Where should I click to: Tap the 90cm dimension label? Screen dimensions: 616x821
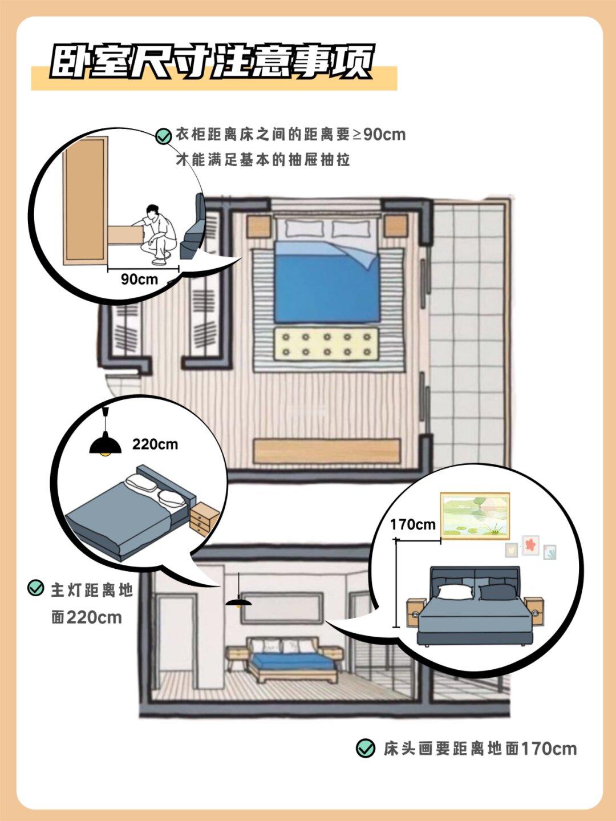click(139, 279)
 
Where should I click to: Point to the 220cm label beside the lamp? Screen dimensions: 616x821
click(155, 444)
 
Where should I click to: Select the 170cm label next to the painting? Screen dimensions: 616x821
click(412, 524)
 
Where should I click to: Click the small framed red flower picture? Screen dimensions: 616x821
click(530, 545)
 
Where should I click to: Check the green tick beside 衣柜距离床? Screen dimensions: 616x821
click(163, 136)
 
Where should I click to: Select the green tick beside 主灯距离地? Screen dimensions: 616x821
click(36, 588)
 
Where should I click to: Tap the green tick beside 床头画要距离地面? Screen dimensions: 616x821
click(365, 748)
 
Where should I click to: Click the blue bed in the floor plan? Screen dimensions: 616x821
click(326, 280)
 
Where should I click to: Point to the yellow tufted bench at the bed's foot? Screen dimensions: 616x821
click(327, 344)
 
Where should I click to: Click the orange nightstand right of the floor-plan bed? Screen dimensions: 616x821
click(395, 227)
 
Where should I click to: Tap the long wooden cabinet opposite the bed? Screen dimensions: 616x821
click(327, 451)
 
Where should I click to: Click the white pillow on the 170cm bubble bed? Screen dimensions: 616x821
click(455, 592)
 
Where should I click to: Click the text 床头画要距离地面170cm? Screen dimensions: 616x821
click(480, 748)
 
